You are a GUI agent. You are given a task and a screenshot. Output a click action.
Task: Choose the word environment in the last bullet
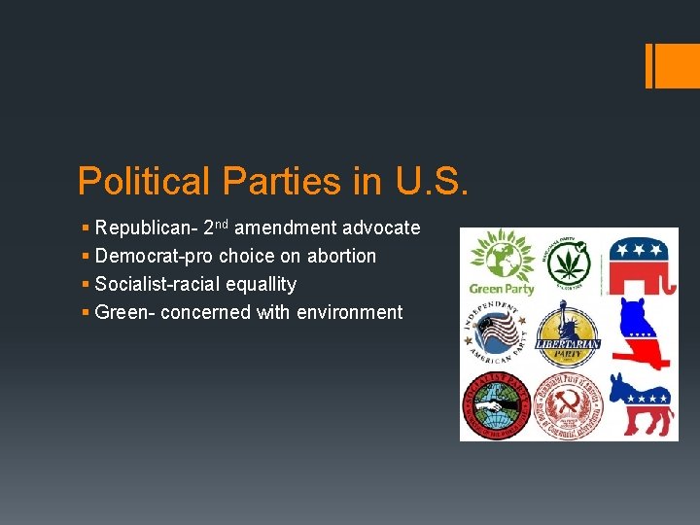click(346, 313)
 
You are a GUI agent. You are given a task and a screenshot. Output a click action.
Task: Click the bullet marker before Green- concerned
click(87, 313)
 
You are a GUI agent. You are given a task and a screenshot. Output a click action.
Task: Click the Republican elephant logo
click(643, 260)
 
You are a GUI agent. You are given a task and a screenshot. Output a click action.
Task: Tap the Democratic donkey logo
click(641, 404)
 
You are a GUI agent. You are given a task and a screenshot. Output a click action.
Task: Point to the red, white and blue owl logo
click(642, 332)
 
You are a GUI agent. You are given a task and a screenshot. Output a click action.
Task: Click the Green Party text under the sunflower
click(502, 289)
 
